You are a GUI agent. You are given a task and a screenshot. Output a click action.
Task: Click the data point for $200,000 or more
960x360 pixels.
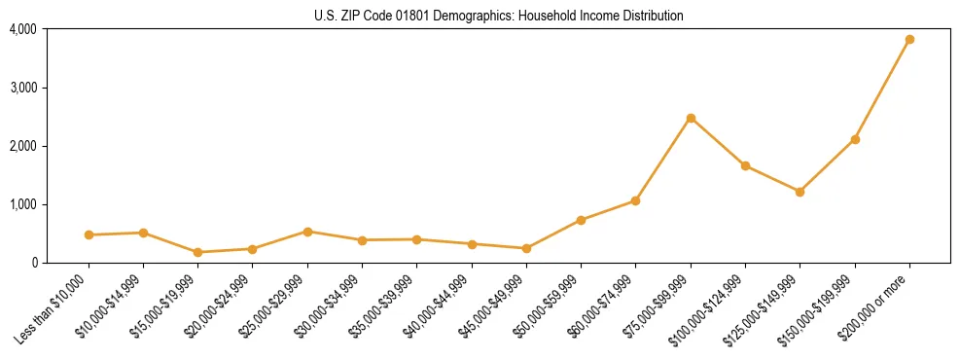909,40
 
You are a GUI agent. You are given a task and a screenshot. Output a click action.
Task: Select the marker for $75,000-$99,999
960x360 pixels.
691,119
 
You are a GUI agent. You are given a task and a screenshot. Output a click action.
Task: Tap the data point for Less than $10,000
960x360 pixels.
89,234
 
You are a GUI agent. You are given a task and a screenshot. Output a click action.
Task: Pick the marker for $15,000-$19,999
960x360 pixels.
197,252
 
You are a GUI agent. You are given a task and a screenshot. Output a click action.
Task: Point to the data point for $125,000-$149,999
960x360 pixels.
800,192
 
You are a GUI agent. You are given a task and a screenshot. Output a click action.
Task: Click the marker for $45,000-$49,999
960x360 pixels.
526,248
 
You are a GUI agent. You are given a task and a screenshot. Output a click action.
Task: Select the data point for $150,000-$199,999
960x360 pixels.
855,139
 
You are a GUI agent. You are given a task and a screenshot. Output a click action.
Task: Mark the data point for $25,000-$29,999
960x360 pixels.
307,232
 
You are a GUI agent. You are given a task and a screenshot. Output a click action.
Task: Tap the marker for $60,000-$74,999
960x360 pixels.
635,200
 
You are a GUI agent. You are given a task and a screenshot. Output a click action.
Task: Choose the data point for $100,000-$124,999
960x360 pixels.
745,165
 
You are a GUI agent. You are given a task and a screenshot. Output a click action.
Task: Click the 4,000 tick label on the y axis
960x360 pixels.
23,29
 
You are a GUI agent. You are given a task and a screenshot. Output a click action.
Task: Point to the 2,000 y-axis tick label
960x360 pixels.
23,146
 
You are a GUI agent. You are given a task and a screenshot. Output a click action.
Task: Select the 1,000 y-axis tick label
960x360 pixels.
23,204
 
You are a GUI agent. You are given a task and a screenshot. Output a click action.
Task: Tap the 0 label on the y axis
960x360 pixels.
33,263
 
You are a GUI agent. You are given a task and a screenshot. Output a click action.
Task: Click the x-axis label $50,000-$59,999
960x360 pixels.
551,305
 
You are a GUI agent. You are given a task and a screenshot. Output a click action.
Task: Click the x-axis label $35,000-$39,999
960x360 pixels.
387,305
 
